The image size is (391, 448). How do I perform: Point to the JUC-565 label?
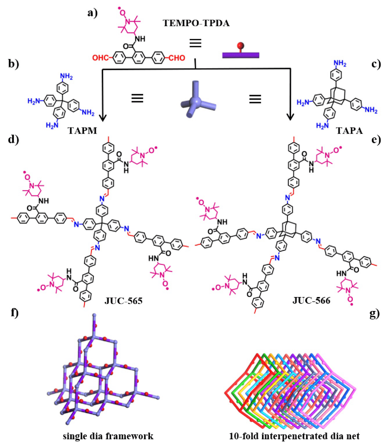coord(120,300)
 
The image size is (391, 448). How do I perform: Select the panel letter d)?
coord(14,141)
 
